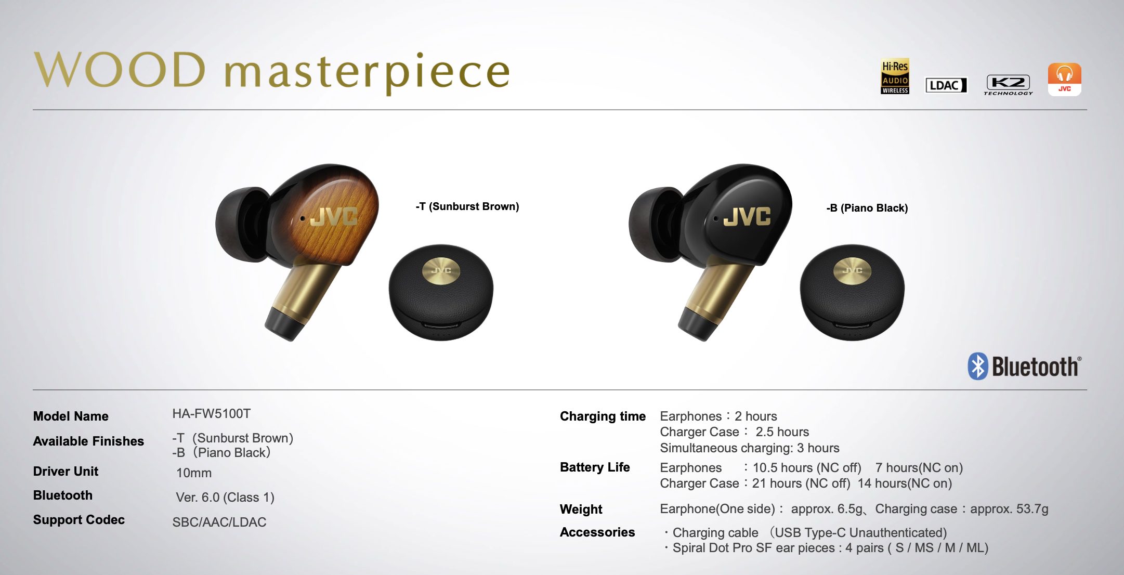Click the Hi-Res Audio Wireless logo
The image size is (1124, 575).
(x=895, y=76)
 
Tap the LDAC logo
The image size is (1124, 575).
(x=946, y=85)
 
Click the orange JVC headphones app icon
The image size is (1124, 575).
(x=1064, y=79)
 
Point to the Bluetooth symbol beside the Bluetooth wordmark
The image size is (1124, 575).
(x=977, y=367)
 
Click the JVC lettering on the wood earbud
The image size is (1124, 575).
(x=334, y=216)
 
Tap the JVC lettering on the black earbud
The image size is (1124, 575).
(x=747, y=216)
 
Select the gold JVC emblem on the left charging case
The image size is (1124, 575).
(x=441, y=271)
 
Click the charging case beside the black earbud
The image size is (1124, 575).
(x=852, y=292)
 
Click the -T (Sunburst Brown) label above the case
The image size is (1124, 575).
(x=467, y=206)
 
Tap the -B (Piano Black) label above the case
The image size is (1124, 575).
(x=867, y=208)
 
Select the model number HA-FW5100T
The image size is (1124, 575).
(x=212, y=414)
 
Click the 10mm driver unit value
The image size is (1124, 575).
(x=194, y=473)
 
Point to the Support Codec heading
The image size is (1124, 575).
(x=79, y=520)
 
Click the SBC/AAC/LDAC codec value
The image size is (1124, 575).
(x=219, y=522)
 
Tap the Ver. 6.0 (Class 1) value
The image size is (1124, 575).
(x=225, y=498)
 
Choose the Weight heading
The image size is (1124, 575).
(x=581, y=509)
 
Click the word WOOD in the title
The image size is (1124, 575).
(x=121, y=70)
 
